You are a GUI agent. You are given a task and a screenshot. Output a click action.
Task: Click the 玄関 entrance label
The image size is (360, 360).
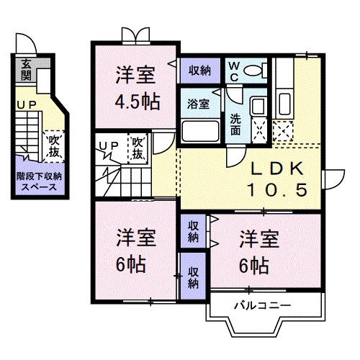tap(26, 70)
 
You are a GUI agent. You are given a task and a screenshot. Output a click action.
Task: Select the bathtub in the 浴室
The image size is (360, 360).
tap(200, 132)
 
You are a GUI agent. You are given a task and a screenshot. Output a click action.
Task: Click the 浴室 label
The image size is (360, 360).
tap(198, 104)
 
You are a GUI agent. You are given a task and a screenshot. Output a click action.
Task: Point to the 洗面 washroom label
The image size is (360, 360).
tap(235, 124)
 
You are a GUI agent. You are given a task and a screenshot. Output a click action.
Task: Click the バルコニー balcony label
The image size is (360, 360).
tap(263, 305)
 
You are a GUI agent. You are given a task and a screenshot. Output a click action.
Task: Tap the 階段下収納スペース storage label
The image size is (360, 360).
tap(39, 181)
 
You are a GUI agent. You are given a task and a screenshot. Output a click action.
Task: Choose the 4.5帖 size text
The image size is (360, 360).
tap(138, 102)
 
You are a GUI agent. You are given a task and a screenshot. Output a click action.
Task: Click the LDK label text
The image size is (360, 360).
tap(277, 168)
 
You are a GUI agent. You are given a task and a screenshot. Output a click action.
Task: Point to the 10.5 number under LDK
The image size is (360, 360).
tap(277, 189)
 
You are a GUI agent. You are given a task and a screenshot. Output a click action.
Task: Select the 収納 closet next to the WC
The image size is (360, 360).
tap(200, 71)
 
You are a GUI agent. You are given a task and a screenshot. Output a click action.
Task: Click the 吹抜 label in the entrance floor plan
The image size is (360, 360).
tap(54, 146)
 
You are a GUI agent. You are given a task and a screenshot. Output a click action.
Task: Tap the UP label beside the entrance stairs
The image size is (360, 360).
tap(27, 105)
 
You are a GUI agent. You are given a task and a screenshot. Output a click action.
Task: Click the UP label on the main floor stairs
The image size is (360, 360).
tap(109, 145)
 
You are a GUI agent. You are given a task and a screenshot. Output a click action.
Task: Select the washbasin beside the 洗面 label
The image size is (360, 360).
tap(258, 106)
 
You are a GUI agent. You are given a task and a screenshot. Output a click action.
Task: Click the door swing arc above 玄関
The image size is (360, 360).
tap(27, 43)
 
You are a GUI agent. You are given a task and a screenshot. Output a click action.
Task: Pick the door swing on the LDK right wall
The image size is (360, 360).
tap(335, 179)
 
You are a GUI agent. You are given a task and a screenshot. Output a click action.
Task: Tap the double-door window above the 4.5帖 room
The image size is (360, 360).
tap(136, 35)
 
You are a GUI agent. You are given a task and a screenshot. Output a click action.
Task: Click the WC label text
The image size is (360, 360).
tap(234, 71)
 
